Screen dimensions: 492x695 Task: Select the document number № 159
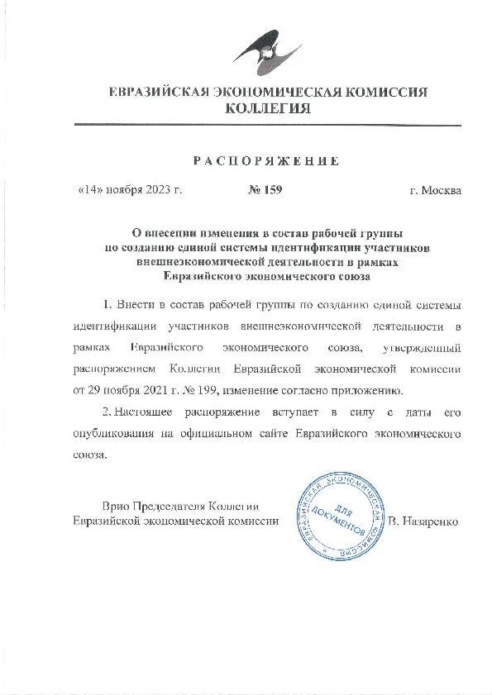point(265,190)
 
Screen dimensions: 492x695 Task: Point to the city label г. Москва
point(436,190)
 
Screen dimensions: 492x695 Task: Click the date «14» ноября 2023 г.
point(129,190)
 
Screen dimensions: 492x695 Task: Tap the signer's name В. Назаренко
point(423,521)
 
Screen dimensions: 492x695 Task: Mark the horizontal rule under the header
point(268,125)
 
